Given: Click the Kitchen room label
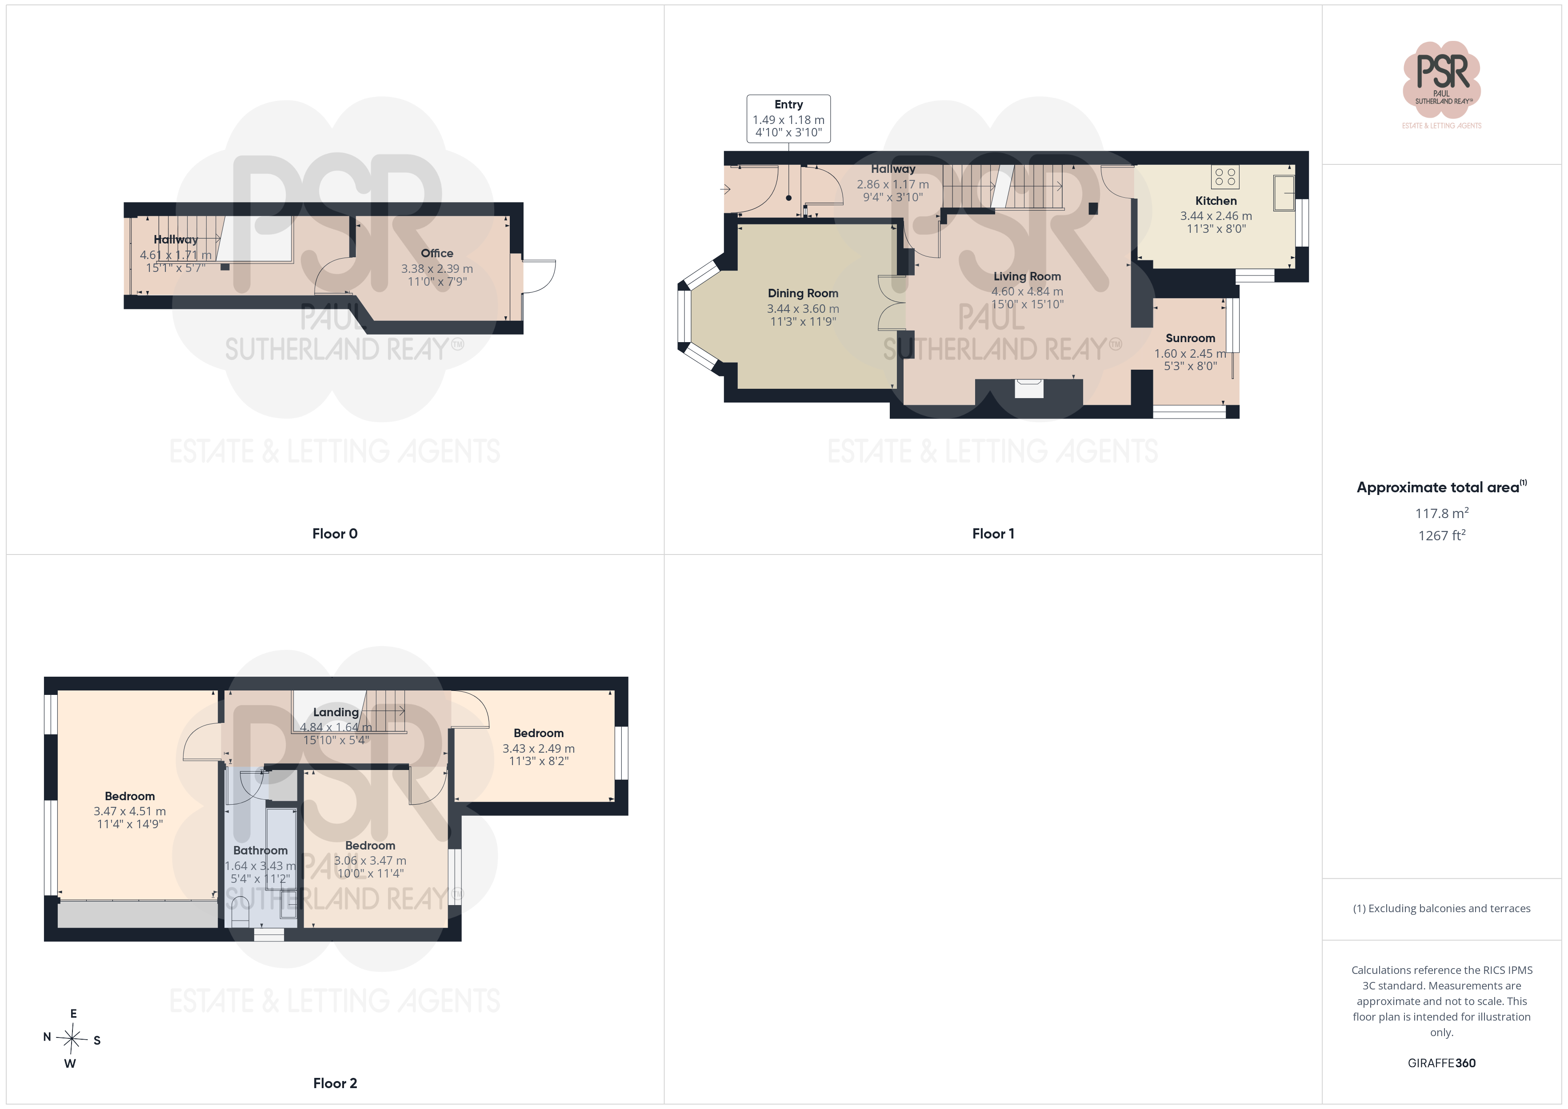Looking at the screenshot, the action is [x=1216, y=201].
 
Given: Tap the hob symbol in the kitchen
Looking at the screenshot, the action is [x=1225, y=177].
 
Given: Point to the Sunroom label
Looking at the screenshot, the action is [x=1190, y=338].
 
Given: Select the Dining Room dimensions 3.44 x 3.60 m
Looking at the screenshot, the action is [x=803, y=309].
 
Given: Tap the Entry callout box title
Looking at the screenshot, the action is [x=789, y=104].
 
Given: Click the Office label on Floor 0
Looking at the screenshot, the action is [x=437, y=253].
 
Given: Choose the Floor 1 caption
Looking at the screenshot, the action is [x=993, y=534].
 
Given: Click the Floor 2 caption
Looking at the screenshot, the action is [x=335, y=1083].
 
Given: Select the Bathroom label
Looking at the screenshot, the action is [x=260, y=850].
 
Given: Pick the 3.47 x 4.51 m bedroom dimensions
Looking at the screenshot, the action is [x=130, y=811].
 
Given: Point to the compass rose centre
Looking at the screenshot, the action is [x=72, y=1039].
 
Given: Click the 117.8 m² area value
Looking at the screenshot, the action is [x=1442, y=512].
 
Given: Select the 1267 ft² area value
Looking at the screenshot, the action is [x=1442, y=535].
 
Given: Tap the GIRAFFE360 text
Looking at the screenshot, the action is [x=1442, y=1063].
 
